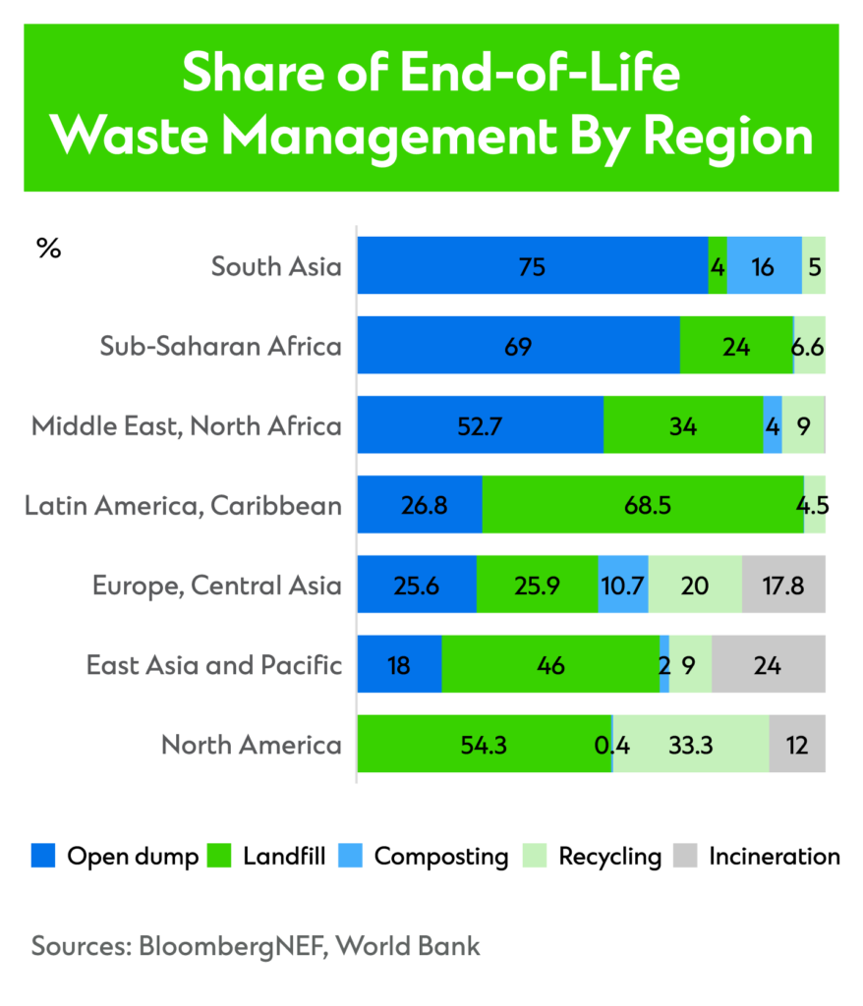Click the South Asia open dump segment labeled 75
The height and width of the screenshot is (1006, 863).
(532, 265)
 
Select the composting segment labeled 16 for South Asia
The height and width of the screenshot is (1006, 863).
(764, 265)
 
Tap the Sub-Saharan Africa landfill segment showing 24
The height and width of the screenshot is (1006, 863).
(736, 346)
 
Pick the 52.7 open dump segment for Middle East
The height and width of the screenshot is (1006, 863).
(480, 425)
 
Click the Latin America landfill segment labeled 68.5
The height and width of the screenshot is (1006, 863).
(643, 505)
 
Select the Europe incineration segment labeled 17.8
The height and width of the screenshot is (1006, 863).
(783, 585)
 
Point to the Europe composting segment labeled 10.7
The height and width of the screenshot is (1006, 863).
(623, 585)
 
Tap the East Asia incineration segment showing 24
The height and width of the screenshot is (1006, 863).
(768, 664)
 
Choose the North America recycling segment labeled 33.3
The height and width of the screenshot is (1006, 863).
(690, 744)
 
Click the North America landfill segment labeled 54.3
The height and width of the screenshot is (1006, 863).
(484, 744)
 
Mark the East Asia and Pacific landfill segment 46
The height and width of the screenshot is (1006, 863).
(550, 664)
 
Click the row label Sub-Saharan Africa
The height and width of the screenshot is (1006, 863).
(221, 346)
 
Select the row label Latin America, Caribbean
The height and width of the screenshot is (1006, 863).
(184, 506)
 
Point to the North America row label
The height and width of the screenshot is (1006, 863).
(252, 745)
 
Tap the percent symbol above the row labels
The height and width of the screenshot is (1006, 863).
(48, 249)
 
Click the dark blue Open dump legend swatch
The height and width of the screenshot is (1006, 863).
(44, 856)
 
